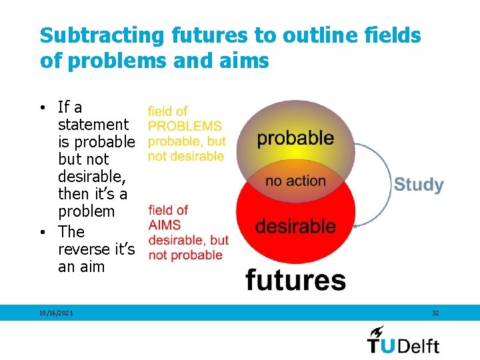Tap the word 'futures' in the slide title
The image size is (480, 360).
(195, 35)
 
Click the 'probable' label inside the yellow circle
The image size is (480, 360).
(295, 138)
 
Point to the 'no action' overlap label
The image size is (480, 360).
(295, 181)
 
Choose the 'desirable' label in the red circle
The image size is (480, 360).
(295, 226)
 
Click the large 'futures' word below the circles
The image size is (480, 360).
(295, 279)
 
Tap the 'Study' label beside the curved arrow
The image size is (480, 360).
(418, 185)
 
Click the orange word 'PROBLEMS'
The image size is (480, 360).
(185, 126)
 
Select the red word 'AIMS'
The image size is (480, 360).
(165, 225)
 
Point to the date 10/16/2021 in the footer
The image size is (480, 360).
(56, 313)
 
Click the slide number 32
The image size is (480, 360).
(435, 313)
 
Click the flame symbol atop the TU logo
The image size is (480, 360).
(377, 331)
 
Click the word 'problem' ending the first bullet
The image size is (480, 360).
(86, 211)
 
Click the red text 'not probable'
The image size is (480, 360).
(185, 255)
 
